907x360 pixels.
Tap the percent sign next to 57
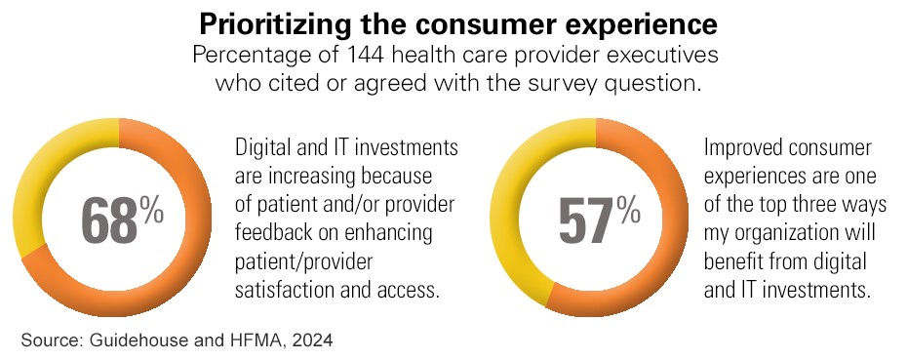[x=628, y=210]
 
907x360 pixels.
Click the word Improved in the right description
[x=740, y=148]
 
